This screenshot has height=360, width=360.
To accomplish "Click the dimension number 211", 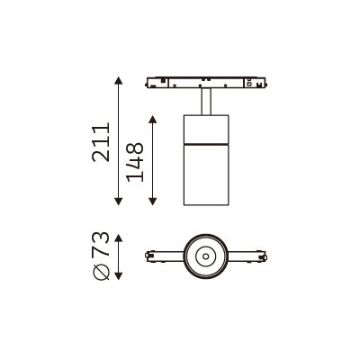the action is point(101,142).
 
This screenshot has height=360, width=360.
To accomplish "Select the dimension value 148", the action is point(135,162).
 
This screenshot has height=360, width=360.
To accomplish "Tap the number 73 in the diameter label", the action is point(100,243).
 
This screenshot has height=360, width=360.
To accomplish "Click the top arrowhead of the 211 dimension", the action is point(119,80).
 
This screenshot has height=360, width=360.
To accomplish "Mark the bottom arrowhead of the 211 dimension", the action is point(119,202).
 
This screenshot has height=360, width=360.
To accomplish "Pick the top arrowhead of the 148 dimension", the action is point(153,120).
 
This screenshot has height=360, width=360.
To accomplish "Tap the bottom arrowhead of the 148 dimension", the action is point(153,202).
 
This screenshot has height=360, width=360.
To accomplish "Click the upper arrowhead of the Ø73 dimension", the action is point(119,238).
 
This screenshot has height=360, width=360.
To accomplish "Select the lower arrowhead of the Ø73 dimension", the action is point(119,276).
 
